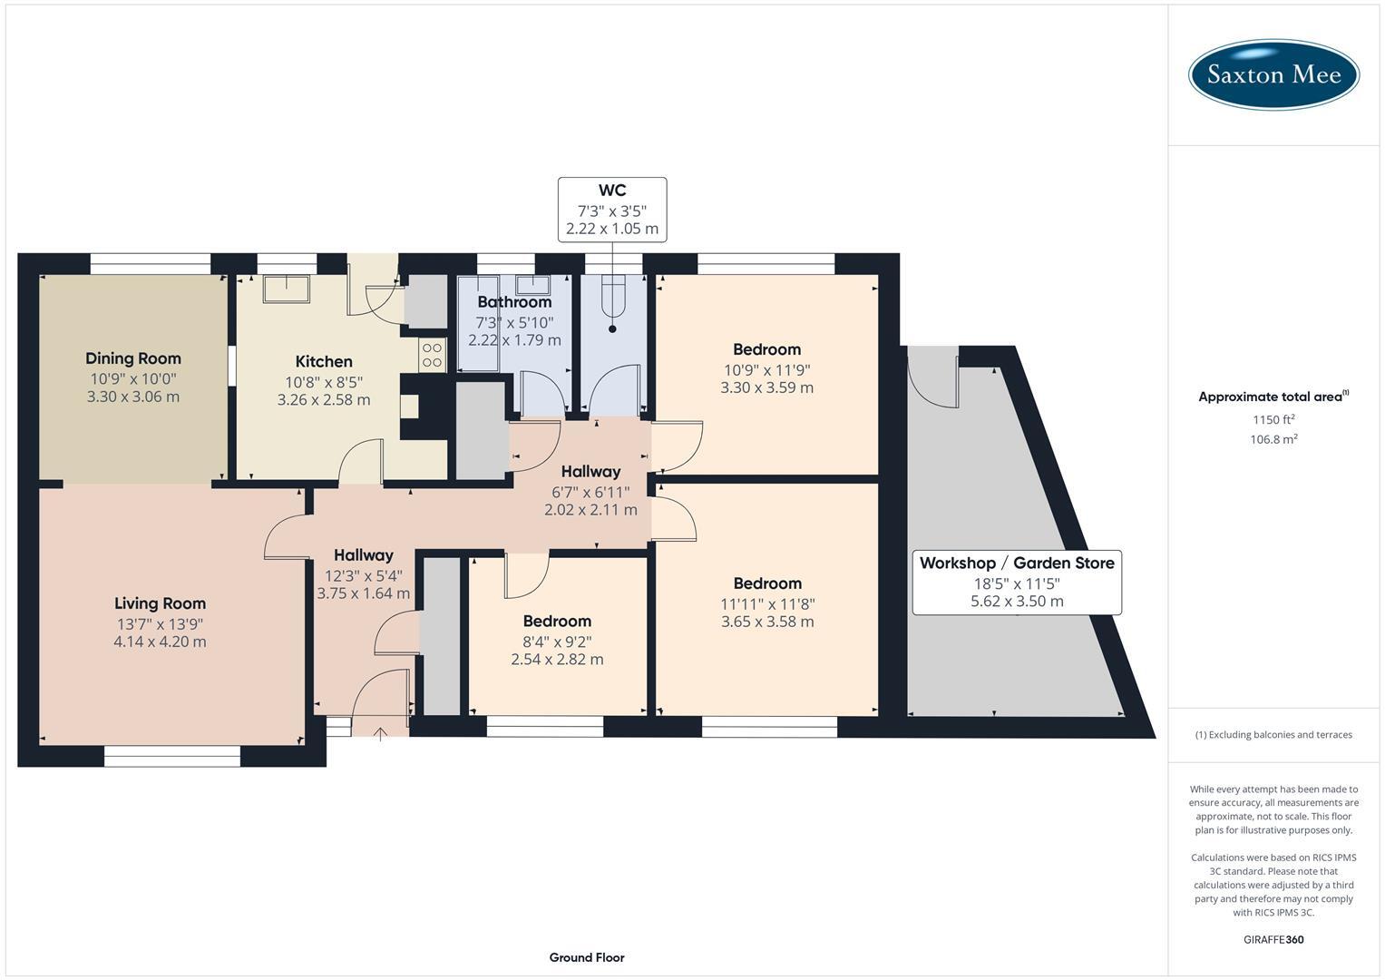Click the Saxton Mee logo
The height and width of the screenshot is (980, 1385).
point(1273,74)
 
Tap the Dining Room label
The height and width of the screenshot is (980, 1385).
point(133,358)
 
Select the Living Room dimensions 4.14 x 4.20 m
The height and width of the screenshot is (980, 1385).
point(160,642)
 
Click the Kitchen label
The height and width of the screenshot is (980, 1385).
point(324,361)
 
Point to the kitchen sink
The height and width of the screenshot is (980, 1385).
point(286,289)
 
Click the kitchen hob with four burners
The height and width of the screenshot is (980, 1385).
point(432,355)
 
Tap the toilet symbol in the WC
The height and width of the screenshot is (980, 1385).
point(613,304)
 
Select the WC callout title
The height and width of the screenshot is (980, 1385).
point(612,191)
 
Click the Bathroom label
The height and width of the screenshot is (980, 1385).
point(514,302)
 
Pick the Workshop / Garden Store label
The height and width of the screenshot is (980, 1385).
point(1017,563)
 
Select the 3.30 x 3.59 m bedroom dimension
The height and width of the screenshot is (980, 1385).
point(766,387)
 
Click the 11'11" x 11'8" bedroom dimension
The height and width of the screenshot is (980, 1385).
point(766,603)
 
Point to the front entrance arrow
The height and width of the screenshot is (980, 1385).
point(379,733)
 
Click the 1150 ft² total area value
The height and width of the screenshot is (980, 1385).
point(1273,419)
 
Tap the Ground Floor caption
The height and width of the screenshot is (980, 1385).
point(586,957)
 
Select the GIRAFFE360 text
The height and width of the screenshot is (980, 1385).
point(1273,939)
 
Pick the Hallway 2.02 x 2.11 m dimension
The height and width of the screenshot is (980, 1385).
point(590,510)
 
